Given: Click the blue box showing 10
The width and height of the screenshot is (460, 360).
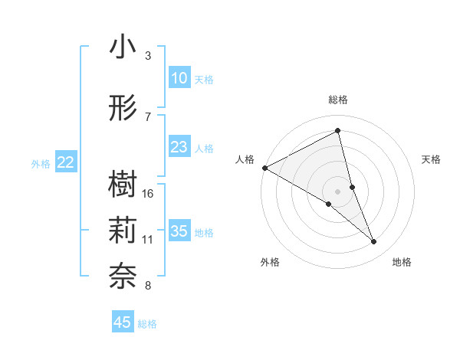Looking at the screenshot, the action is tap(179, 78).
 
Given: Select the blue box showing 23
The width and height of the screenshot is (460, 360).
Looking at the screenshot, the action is tap(179, 147).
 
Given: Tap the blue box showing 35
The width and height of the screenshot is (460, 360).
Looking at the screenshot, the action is tap(179, 231).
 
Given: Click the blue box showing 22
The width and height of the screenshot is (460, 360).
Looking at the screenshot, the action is tap(66, 162).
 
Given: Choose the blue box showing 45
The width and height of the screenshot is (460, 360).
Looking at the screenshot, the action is tap(123, 322).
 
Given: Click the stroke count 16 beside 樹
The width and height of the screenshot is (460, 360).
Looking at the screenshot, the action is tap(149, 193).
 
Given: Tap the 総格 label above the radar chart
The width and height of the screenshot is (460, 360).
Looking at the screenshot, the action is tap(338, 100).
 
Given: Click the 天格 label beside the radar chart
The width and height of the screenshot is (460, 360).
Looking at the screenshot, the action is tap(432, 159).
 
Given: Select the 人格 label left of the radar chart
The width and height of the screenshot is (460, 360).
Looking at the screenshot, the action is tap(245, 159).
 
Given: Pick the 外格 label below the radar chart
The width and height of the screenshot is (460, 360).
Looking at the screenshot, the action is tap(270, 262).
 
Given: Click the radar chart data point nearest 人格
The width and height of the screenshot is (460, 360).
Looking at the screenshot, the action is tap(264, 168).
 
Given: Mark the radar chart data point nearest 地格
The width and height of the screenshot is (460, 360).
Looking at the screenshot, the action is tap(374, 242).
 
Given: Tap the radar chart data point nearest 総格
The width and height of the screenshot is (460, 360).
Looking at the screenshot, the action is tap(338, 131).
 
